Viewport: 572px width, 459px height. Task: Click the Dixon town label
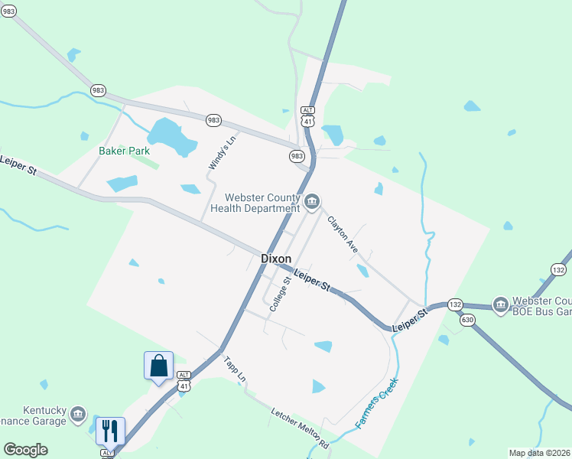(276, 259)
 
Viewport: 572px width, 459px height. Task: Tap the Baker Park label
(124, 151)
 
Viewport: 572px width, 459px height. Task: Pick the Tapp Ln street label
(235, 369)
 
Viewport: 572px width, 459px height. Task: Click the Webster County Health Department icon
(312, 202)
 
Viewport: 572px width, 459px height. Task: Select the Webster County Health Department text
(255, 203)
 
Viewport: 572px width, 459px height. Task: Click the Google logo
(25, 450)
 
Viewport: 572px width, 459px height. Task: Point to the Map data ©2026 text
(540, 453)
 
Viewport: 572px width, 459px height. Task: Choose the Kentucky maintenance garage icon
(77, 415)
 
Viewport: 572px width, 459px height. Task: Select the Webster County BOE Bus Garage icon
(501, 304)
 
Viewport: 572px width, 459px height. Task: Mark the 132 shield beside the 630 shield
(455, 304)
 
